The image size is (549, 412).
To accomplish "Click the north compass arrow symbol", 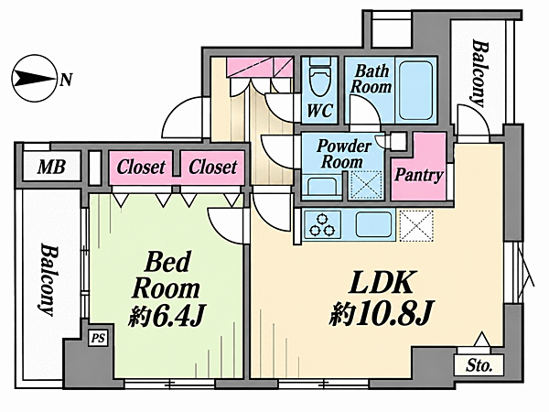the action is pyautogui.click(x=34, y=78).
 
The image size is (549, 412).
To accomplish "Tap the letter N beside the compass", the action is pyautogui.click(x=66, y=80).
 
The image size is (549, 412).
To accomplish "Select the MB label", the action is pyautogui.click(x=51, y=168).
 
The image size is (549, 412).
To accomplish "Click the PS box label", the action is pyautogui.click(x=98, y=339).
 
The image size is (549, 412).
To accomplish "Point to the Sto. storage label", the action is pyautogui.click(x=479, y=366).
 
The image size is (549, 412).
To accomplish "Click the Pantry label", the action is pyautogui.click(x=419, y=175).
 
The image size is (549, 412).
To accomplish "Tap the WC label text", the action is pyautogui.click(x=319, y=111).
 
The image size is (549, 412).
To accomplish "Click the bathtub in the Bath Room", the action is pyautogui.click(x=415, y=91).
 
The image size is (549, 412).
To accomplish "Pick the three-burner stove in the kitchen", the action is pyautogui.click(x=322, y=225).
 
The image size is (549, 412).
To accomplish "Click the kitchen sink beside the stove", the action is pyautogui.click(x=374, y=224).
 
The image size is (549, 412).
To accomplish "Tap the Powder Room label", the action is pyautogui.click(x=343, y=154).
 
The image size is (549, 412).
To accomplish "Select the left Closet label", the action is pyautogui.click(x=141, y=168).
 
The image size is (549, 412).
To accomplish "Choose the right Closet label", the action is pyautogui.click(x=213, y=168).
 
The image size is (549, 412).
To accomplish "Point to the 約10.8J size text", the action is pyautogui.click(x=382, y=312).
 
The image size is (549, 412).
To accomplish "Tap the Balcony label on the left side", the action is pyautogui.click(x=48, y=279).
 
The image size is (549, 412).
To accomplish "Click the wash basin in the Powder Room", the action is pyautogui.click(x=321, y=188).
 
